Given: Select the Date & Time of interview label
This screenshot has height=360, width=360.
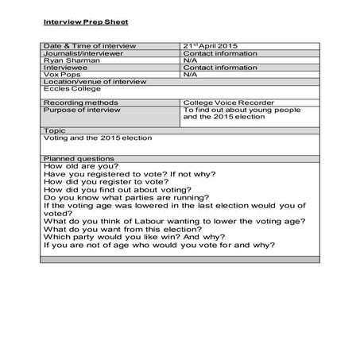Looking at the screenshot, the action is pos(90,46).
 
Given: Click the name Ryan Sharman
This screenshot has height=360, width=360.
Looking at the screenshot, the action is pos(67,60).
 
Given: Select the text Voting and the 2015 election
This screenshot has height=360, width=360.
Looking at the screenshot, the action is pos(98,137).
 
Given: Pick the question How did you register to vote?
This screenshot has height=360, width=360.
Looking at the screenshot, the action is pos(107,181).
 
